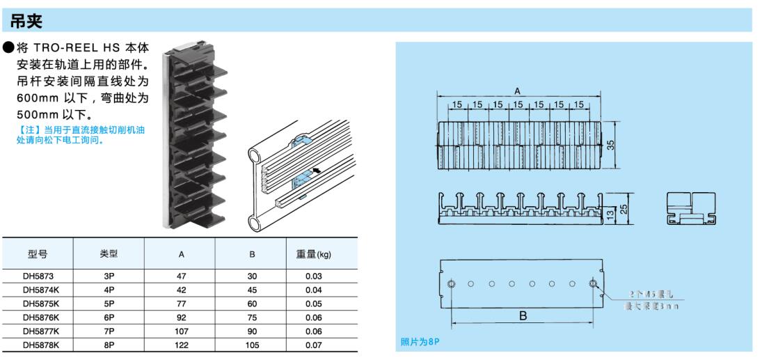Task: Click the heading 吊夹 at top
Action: pos(27,22)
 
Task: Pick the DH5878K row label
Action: pos(40,343)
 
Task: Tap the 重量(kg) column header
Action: pos(313,255)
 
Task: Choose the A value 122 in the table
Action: pos(181,343)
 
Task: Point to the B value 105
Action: pos(252,343)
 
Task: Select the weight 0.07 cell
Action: pos(313,343)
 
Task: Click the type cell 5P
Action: pos(109,304)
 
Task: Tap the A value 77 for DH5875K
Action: pos(181,304)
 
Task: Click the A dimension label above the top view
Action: pos(517,91)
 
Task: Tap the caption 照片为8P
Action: pos(421,342)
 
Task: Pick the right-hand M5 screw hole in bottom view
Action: pos(593,284)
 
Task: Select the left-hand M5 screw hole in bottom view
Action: pos(452,284)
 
